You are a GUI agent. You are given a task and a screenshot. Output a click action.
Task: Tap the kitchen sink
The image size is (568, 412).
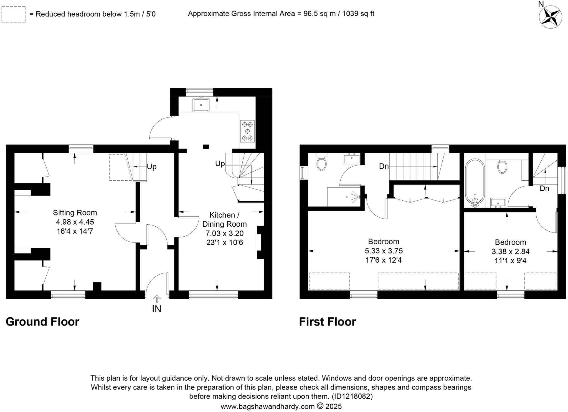[201, 105]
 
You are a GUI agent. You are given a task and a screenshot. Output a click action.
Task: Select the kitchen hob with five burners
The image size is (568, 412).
[247, 131]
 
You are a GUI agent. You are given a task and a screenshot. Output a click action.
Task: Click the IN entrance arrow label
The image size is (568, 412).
[157, 308]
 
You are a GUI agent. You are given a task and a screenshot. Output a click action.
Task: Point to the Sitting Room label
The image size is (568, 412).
[75, 213]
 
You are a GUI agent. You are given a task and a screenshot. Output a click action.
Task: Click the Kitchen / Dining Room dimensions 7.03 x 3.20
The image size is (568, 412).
[224, 233]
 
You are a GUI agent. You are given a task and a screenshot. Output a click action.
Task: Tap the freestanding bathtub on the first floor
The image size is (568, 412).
[475, 183]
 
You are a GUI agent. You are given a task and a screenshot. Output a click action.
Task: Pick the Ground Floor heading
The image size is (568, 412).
[42, 322]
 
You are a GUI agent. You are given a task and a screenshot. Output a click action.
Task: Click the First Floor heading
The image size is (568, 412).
[327, 322]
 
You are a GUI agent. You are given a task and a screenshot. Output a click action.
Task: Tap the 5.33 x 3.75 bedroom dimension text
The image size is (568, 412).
[384, 251]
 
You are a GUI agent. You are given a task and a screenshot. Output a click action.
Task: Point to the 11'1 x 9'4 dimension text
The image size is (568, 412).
[510, 261]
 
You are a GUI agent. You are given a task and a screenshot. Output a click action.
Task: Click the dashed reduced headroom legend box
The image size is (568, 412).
[13, 14]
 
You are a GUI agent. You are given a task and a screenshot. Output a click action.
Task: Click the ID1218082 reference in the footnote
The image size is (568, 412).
[352, 396]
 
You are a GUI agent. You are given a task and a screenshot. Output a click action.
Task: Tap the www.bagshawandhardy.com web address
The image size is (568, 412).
[268, 406]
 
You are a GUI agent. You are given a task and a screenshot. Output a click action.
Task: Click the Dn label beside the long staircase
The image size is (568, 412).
[384, 167]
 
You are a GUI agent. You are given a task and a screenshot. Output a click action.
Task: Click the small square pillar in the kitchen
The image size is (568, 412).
[206, 147]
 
